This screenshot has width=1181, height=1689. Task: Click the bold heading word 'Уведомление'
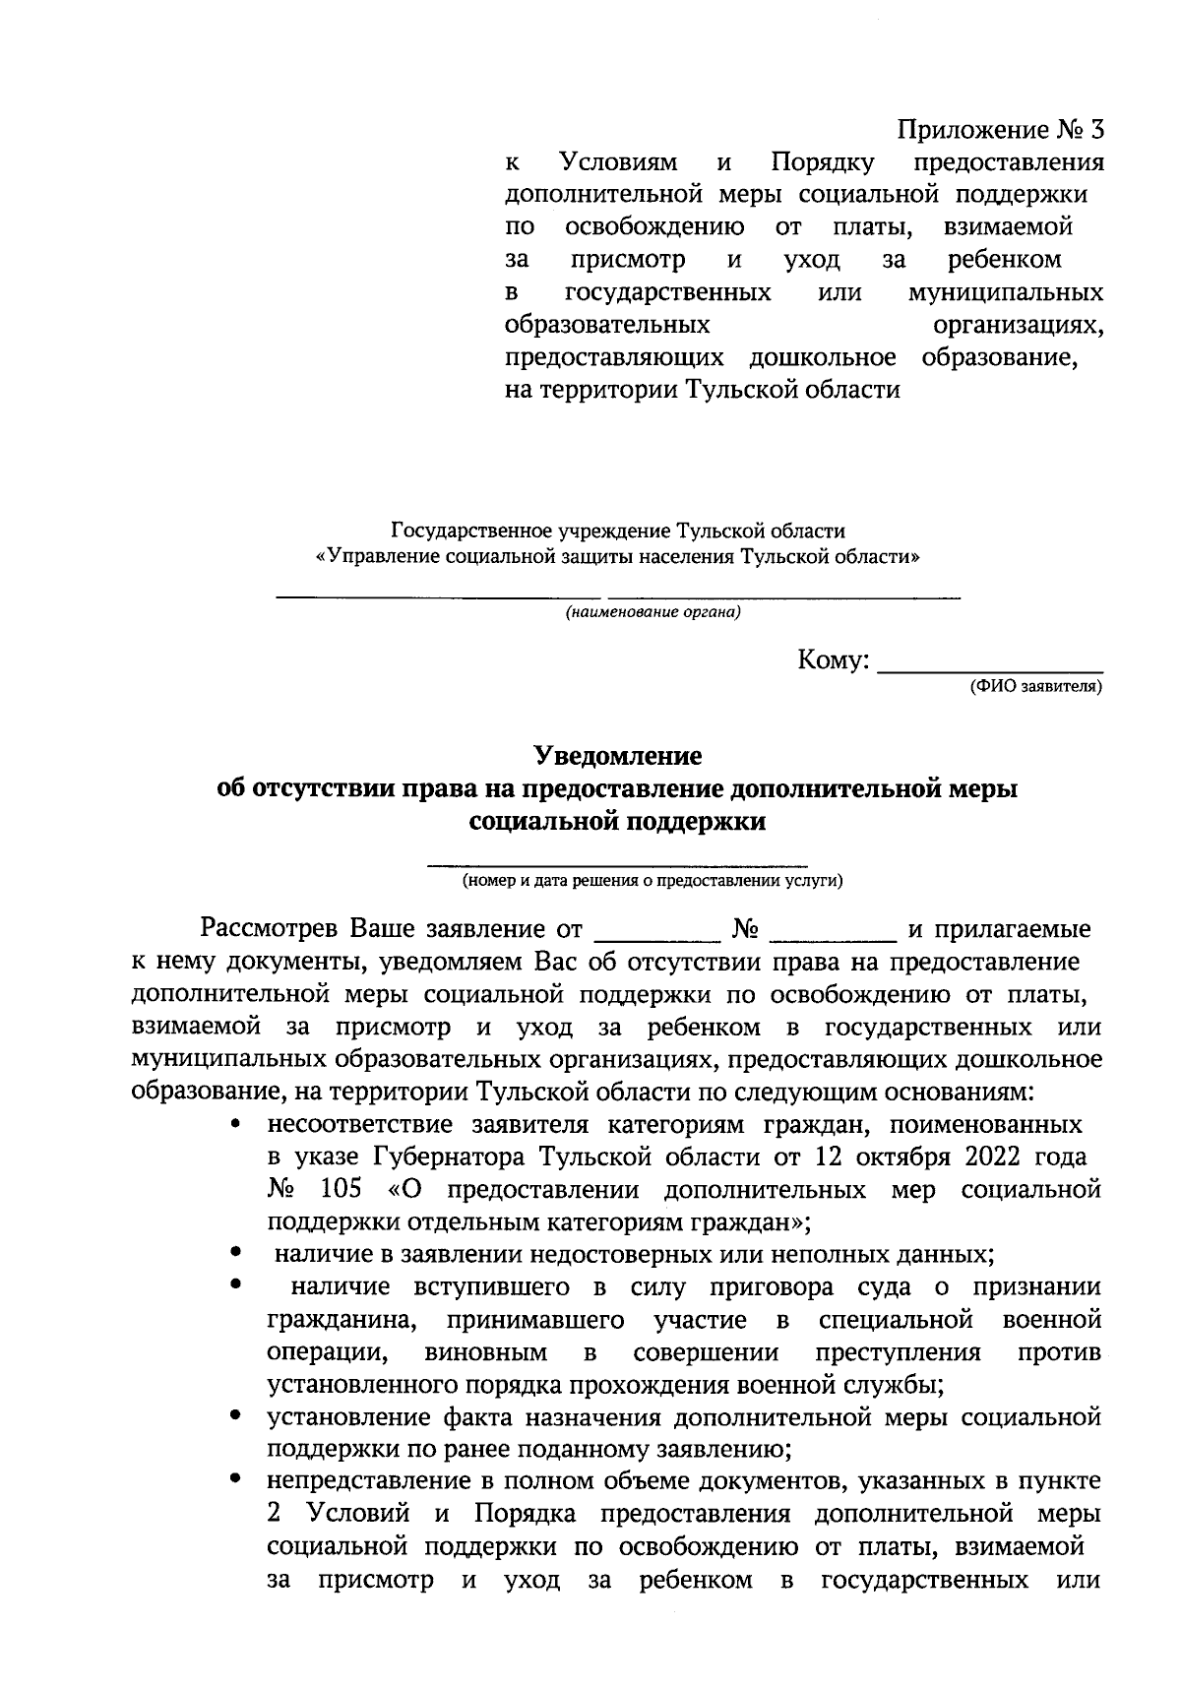tap(618, 756)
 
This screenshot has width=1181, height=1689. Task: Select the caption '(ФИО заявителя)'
tap(1035, 685)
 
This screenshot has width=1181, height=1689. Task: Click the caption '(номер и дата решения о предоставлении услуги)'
tap(653, 881)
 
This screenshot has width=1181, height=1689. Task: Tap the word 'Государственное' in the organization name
tap(471, 532)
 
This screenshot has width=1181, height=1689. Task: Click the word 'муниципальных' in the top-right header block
tap(1005, 293)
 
